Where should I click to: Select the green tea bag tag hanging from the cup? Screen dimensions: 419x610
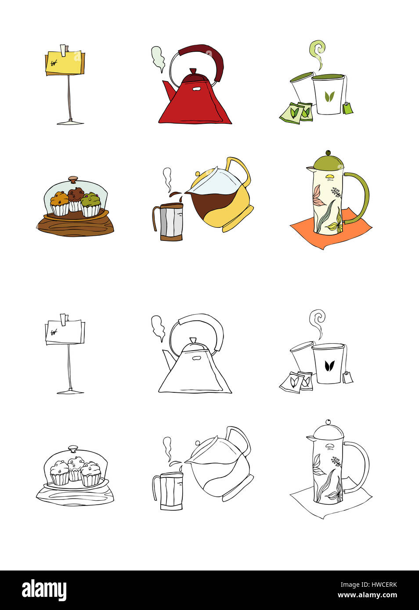(347, 108)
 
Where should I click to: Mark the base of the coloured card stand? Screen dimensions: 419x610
(70, 122)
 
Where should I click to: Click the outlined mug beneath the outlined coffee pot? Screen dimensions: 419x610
(168, 491)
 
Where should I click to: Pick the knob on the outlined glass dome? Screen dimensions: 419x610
(73, 448)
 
